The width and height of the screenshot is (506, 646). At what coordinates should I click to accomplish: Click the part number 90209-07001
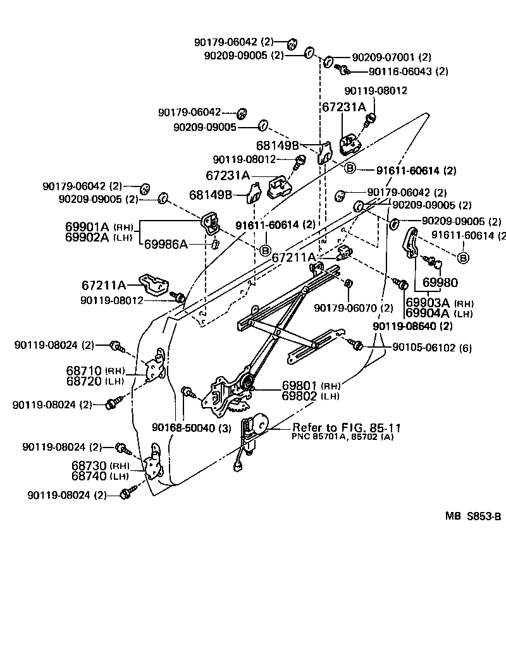point(384,57)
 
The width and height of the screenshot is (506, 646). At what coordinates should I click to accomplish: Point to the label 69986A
point(166,243)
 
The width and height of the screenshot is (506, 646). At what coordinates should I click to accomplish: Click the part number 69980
point(440,283)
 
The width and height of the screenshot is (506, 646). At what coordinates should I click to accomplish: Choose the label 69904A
point(428,314)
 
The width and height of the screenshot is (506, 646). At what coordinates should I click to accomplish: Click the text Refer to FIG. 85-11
point(346,427)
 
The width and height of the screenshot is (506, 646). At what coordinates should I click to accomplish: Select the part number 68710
point(84,370)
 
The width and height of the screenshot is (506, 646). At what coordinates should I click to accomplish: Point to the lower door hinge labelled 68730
point(154,466)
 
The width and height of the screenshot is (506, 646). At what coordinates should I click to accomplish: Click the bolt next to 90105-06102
point(355,345)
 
